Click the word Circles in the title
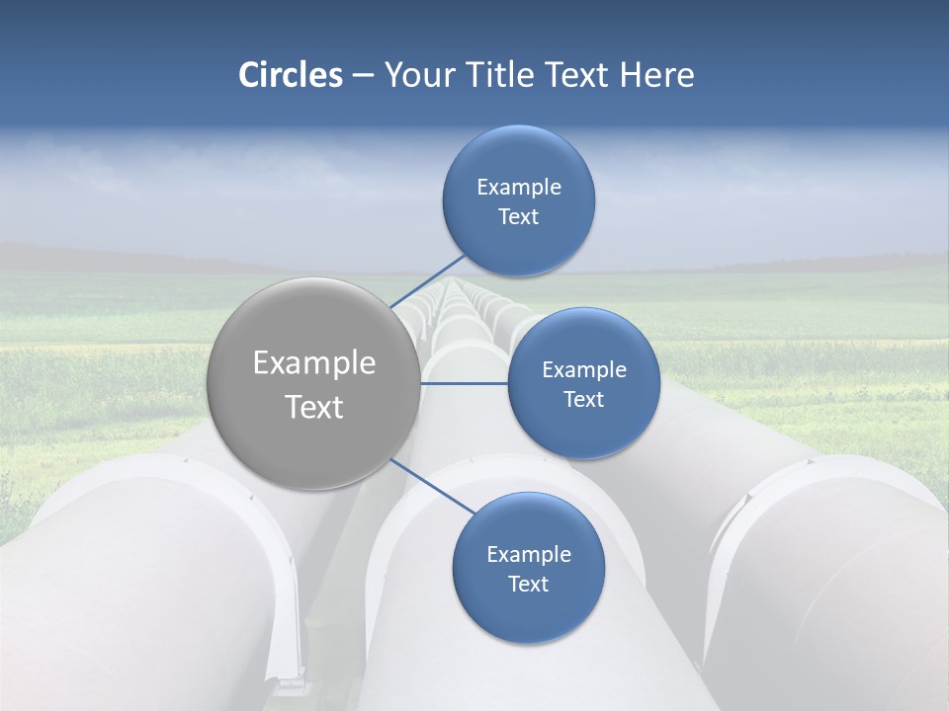pyautogui.click(x=290, y=75)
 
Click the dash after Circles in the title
pyautogui.click(x=363, y=76)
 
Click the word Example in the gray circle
pyautogui.click(x=314, y=363)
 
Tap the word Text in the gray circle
pyautogui.click(x=314, y=407)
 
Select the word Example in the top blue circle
pyautogui.click(x=519, y=188)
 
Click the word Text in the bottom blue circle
pyautogui.click(x=529, y=585)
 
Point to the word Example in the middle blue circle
pyautogui.click(x=584, y=370)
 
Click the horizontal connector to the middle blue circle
pyautogui.click(x=465, y=383)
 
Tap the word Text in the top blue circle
pyautogui.click(x=519, y=217)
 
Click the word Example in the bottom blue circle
pyautogui.click(x=529, y=555)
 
